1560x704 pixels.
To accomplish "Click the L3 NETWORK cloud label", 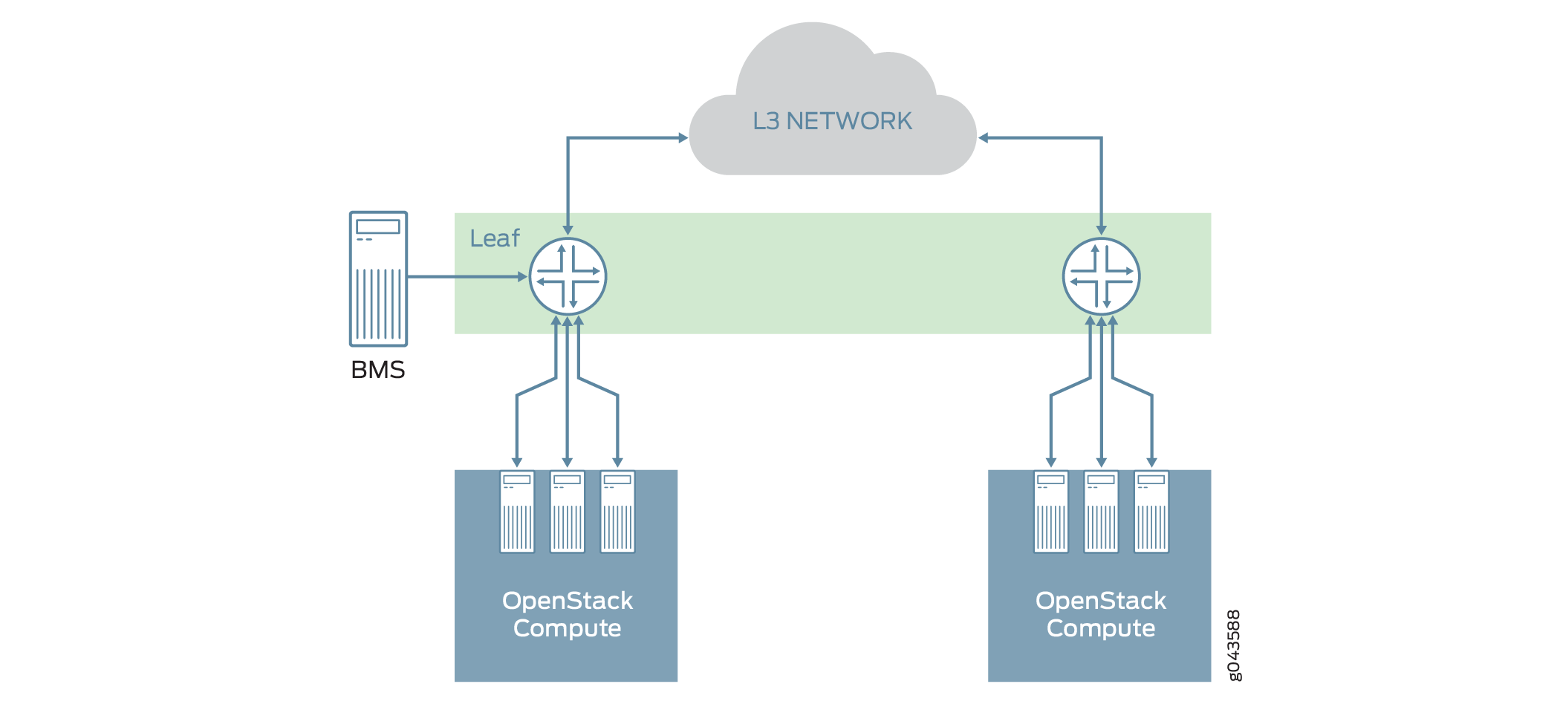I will click(832, 121).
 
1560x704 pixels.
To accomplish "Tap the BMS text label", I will click(377, 370).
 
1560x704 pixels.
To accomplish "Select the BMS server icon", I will click(378, 279).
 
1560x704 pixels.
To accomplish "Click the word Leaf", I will click(495, 238).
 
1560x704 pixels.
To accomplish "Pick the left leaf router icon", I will click(568, 276).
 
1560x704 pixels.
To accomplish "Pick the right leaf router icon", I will click(1101, 276).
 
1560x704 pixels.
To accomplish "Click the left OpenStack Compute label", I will click(567, 614).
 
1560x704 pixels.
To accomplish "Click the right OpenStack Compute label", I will click(1100, 614).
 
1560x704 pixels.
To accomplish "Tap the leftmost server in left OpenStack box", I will click(517, 512).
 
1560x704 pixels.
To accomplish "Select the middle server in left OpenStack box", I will click(568, 512).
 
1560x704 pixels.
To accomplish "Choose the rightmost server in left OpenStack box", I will click(617, 512).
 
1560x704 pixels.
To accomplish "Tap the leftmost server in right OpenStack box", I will click(1050, 512).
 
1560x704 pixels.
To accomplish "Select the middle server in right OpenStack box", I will click(1101, 512).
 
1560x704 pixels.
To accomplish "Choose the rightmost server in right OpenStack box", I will click(1151, 512).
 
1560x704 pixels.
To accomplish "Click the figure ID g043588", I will click(1233, 645).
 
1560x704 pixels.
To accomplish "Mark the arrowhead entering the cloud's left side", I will click(683, 137).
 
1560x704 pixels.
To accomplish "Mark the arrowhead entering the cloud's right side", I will click(984, 137).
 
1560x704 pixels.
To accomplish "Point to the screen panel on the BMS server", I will click(378, 226).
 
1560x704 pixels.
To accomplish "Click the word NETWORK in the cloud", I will click(848, 121).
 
